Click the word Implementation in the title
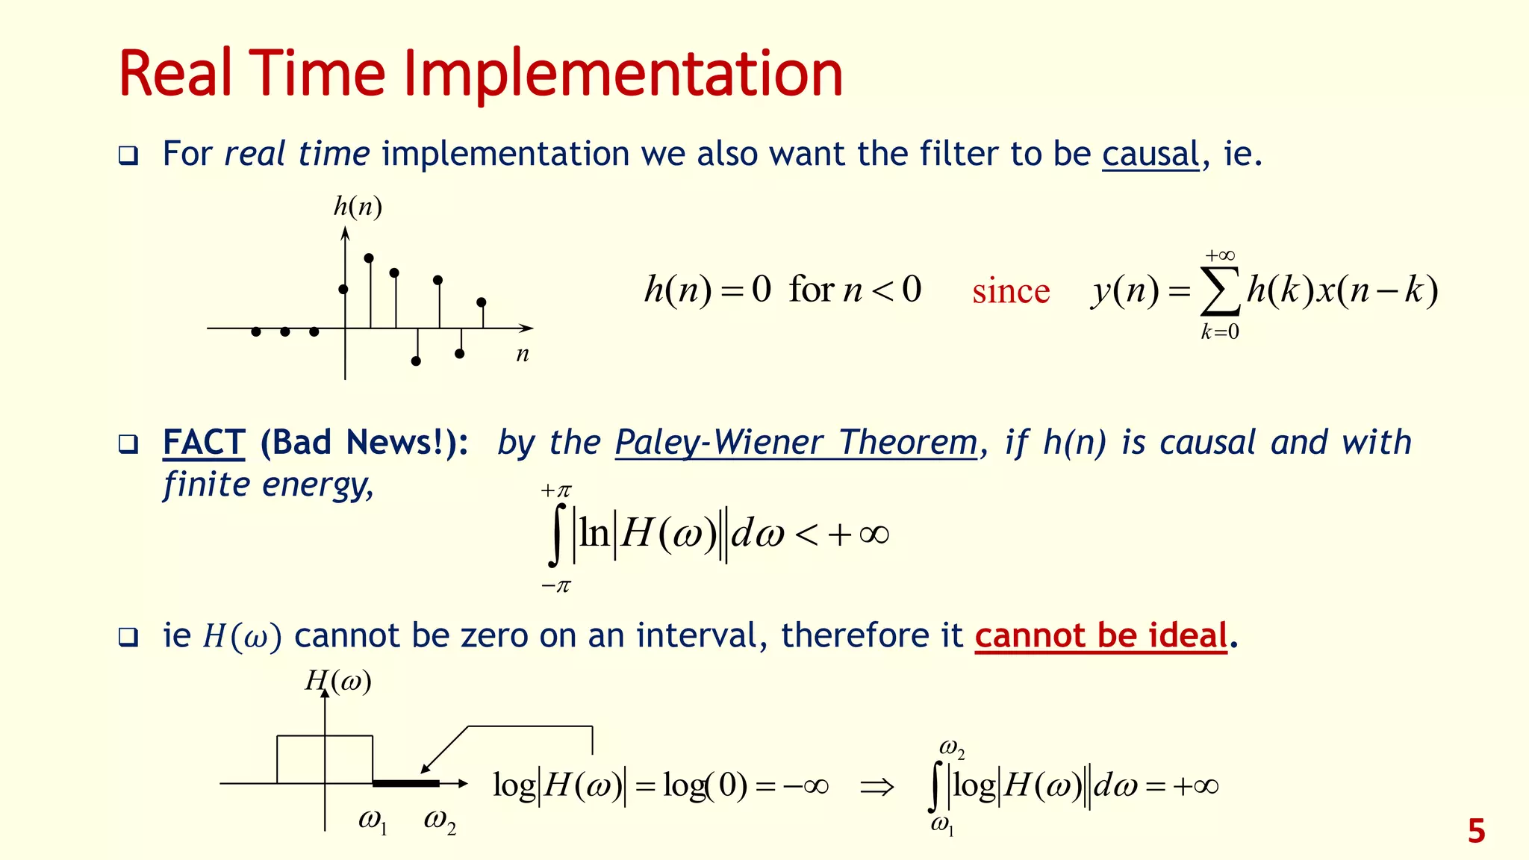(623, 75)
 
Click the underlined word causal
(1150, 155)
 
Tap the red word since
(1010, 291)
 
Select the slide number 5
(1476, 832)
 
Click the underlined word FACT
(203, 443)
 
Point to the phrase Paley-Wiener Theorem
(796, 443)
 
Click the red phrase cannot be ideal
(1100, 636)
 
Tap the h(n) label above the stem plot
(358, 207)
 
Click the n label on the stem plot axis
(523, 355)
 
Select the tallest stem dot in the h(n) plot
(369, 258)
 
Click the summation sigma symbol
(1220, 292)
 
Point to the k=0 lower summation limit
(1220, 332)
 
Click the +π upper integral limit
(555, 490)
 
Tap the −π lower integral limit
(555, 586)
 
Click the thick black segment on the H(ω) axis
(405, 783)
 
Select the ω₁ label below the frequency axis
(373, 821)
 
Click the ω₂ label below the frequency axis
(439, 821)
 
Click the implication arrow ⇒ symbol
(876, 787)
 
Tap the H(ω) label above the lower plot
(338, 681)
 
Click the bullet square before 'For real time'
(128, 156)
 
